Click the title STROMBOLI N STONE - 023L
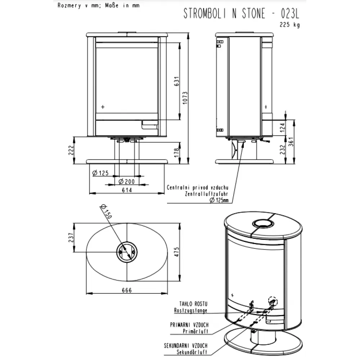(241, 13)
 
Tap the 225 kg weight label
(290, 24)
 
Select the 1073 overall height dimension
(185, 98)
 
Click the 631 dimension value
(176, 81)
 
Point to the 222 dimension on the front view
(71, 150)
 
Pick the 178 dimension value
(176, 153)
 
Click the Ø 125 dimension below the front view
(100, 173)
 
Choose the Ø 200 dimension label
(126, 181)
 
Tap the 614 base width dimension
(127, 190)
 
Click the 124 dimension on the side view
(282, 128)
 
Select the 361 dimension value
(291, 141)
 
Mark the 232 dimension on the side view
(282, 149)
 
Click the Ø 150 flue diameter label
(106, 211)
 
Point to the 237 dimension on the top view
(71, 237)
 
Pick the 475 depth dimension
(176, 252)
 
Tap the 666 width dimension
(127, 291)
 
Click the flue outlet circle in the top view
(127, 242)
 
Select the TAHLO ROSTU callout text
(193, 304)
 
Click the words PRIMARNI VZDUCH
(189, 325)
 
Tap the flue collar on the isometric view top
(263, 220)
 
